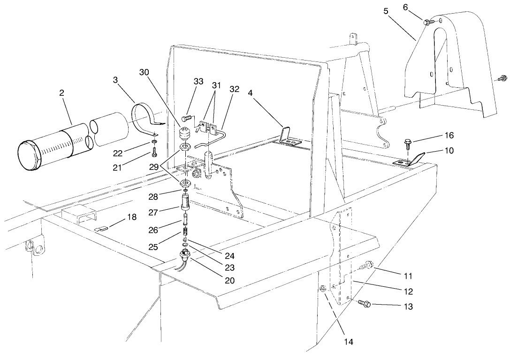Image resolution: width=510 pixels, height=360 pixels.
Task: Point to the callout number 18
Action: pyautogui.click(x=132, y=217)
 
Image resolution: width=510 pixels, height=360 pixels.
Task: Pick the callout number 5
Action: pyautogui.click(x=385, y=11)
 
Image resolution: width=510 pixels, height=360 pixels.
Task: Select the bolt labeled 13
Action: pyautogui.click(x=364, y=304)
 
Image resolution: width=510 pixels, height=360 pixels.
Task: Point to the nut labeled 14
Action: pyautogui.click(x=322, y=288)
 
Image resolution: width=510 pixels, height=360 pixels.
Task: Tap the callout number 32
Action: pyautogui.click(x=235, y=89)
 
